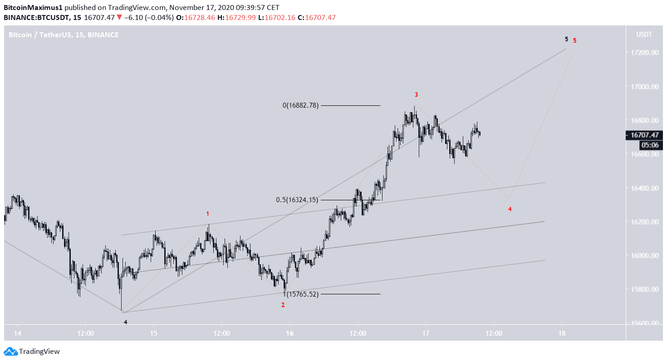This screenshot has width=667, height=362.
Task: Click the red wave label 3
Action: (x=416, y=94)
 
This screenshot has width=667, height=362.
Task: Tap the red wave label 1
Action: (x=208, y=213)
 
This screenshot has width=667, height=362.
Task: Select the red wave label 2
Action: (x=283, y=305)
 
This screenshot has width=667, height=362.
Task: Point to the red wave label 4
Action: (x=510, y=209)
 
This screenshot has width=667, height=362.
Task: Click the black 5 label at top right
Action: (x=566, y=39)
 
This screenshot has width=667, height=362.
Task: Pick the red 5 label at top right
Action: (x=574, y=40)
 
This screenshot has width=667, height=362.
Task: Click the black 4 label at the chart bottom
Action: (x=126, y=322)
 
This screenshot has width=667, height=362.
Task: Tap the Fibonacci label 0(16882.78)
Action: (x=300, y=105)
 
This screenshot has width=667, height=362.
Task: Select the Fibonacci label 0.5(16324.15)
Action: (x=297, y=200)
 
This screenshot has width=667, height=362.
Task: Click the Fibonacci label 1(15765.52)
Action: (x=301, y=294)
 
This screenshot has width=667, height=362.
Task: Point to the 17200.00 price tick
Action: (x=644, y=53)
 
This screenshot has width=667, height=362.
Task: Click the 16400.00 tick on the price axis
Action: (x=644, y=188)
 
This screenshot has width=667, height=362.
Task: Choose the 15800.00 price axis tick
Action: (x=644, y=289)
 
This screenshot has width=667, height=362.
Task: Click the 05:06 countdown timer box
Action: (x=650, y=145)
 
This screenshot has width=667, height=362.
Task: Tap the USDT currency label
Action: (x=644, y=35)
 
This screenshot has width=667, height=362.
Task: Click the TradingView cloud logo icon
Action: (x=11, y=351)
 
